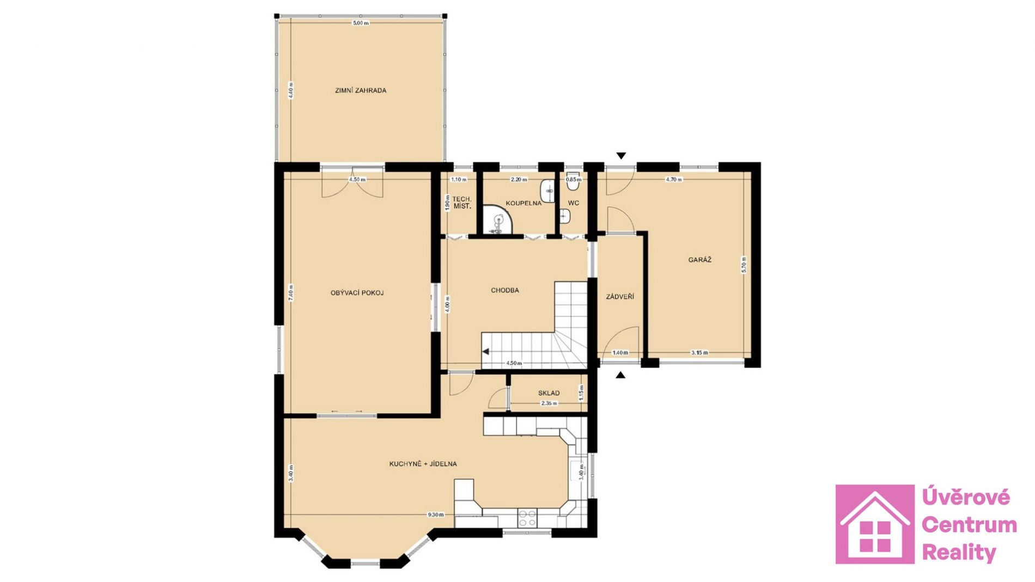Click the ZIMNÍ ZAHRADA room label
click(361, 90)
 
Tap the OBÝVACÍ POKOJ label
click(357, 293)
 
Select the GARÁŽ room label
click(699, 260)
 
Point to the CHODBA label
click(505, 290)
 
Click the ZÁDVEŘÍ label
click(620, 297)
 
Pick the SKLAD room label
click(549, 393)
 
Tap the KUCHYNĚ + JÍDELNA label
click(423, 464)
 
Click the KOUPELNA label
click(523, 203)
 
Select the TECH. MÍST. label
click(462, 203)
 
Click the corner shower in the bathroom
click(498, 220)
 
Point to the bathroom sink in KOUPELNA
click(548, 191)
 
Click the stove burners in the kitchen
click(527, 517)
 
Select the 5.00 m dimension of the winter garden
click(361, 23)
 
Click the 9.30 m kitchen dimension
click(436, 514)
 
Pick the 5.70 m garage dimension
click(744, 265)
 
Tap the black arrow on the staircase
click(485, 352)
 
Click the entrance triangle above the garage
click(621, 156)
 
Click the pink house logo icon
click(875, 524)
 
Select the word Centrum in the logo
click(970, 525)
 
